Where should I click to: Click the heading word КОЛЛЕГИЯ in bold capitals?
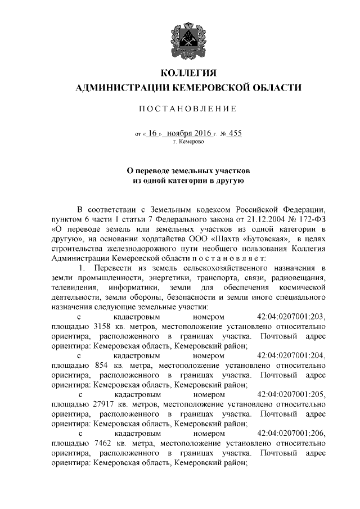pyautogui.click(x=188, y=74)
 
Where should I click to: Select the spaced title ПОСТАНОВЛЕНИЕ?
pyautogui.click(x=188, y=109)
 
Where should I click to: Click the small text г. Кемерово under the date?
pyautogui.click(x=188, y=142)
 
